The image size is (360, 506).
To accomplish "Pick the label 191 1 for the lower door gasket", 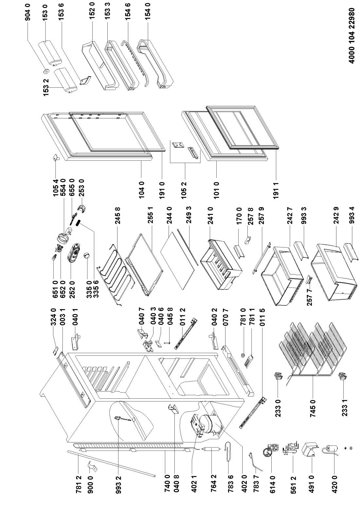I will pos(277,192).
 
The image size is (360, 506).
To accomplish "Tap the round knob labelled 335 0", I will pos(87,256).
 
